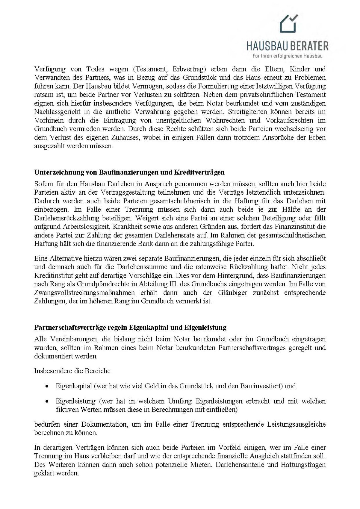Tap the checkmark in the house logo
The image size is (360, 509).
point(294,18)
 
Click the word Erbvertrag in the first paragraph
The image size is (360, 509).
point(189,69)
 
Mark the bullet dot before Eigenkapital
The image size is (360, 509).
point(47,387)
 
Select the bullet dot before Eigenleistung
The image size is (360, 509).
point(47,402)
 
